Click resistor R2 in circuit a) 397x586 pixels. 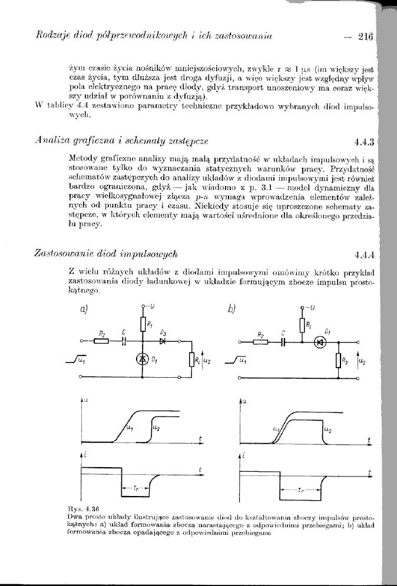point(101,341)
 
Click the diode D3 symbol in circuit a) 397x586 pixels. point(163,341)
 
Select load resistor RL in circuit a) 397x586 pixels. point(191,359)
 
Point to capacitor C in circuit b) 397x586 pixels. point(283,341)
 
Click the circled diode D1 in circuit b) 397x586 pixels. point(320,341)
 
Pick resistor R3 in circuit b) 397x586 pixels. point(338,359)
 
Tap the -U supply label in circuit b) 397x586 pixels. point(310,307)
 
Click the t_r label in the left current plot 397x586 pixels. point(136,488)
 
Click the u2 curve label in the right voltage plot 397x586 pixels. point(327,432)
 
